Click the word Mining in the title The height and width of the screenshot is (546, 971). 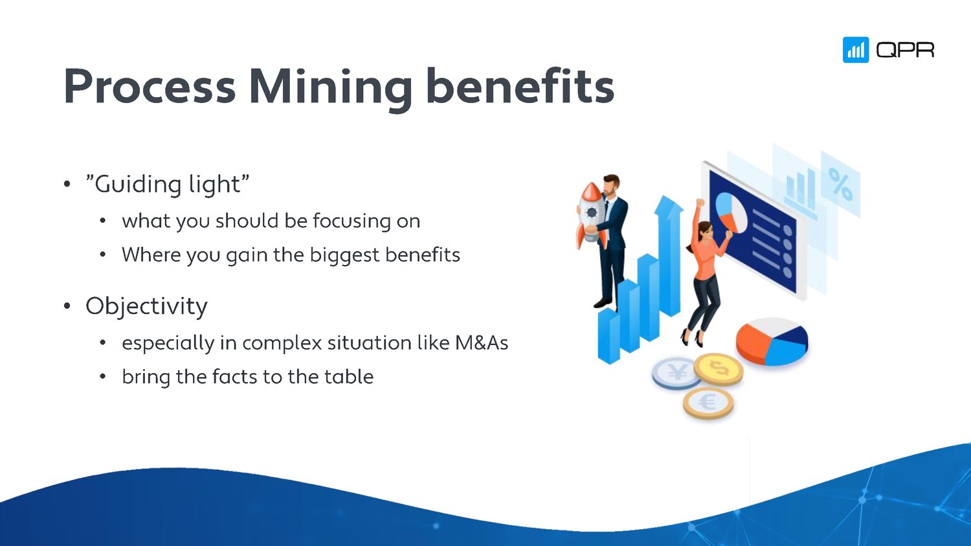[330, 87]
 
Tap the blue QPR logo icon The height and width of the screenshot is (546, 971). [855, 50]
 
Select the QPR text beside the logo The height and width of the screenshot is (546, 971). [905, 50]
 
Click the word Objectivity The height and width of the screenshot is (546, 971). [146, 306]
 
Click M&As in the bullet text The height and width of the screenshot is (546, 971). [482, 343]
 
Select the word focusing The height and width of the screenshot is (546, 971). [352, 221]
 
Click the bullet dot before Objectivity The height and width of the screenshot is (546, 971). [67, 306]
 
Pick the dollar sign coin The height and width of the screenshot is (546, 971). [719, 369]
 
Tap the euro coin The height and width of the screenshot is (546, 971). [708, 403]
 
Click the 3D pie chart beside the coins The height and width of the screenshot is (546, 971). [772, 340]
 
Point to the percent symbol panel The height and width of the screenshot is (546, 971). [840, 184]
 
